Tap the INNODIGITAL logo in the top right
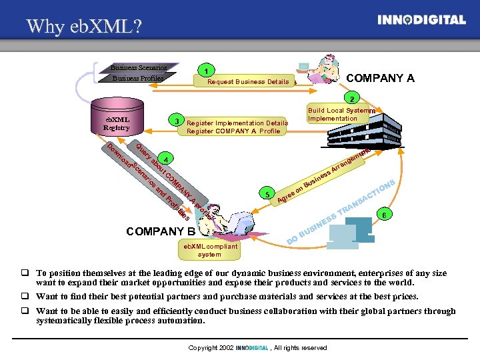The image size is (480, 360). tap(421, 20)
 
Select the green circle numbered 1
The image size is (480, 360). tap(209, 71)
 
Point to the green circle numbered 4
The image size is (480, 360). tap(166, 159)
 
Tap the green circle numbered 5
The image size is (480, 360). tap(267, 195)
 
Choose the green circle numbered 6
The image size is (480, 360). tap(383, 214)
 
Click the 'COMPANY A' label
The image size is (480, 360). tap(381, 78)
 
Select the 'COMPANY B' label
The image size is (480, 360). tap(160, 232)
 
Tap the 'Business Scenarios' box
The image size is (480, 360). tap(139, 67)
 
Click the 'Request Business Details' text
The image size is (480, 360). tap(248, 82)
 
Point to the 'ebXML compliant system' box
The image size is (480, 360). tap(209, 250)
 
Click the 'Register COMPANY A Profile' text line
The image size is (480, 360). tap(233, 131)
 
